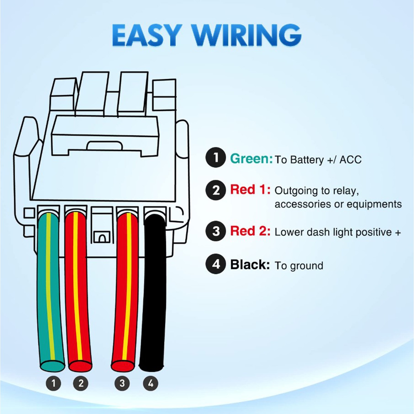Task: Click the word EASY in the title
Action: (x=147, y=35)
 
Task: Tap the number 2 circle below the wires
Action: (x=81, y=383)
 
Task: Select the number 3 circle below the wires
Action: (x=122, y=383)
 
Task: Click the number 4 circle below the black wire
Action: (x=151, y=383)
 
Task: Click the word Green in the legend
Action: (x=251, y=159)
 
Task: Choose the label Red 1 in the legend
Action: (x=250, y=190)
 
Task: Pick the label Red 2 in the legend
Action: (x=250, y=231)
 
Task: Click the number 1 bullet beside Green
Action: (x=216, y=158)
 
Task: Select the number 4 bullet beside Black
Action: (x=216, y=264)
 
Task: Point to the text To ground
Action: (x=299, y=266)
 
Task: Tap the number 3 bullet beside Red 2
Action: (x=216, y=231)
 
